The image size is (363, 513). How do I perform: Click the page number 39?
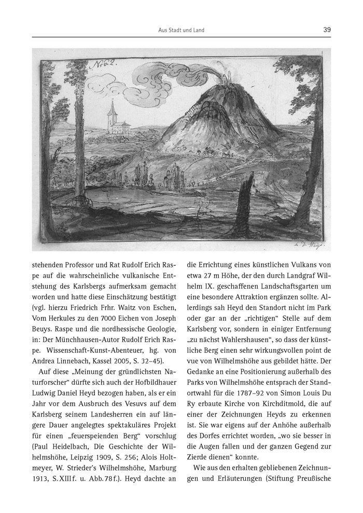coord(327,30)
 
